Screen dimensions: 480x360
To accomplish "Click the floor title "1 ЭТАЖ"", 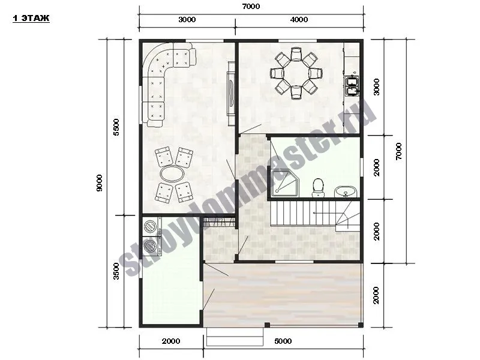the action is pos(31,19).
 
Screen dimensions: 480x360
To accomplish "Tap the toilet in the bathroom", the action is pos(318,188).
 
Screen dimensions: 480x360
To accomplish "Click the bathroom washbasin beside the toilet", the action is pos(346,192).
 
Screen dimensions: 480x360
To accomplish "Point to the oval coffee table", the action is pos(172,174).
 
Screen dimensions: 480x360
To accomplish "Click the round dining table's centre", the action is pos(296,73).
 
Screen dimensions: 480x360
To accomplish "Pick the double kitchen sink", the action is pos(352,86).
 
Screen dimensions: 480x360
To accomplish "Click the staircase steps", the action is pos(314,213).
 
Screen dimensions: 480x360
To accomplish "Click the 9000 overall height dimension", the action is pos(100,183).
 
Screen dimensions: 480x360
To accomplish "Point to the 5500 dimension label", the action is pos(116,127).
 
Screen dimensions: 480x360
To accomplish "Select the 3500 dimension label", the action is pos(116,271).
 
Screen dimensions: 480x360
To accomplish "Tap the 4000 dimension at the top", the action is pos(299,20).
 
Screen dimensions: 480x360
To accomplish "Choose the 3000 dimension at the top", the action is pos(187,20).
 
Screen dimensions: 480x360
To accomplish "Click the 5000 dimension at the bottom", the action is pos(283,341).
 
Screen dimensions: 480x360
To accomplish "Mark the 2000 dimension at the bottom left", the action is pos(171,341).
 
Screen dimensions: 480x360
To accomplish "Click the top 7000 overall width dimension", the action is pos(251,6).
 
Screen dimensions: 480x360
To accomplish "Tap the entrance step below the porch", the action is pos(235,337).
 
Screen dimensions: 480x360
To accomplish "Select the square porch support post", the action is pos(267,325).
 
